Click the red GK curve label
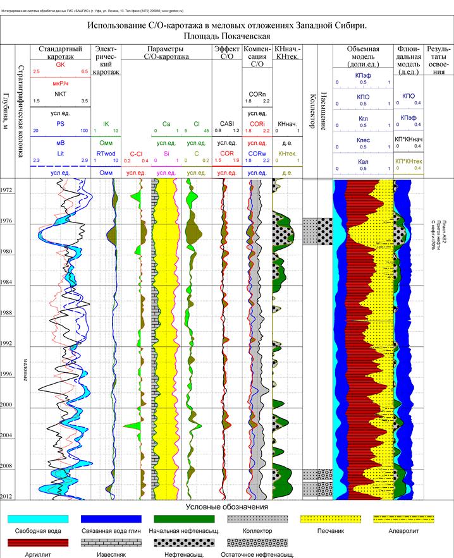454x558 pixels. coord(61,65)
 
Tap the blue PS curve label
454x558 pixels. coord(61,124)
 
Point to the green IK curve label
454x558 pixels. coord(106,124)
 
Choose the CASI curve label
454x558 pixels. coord(227,124)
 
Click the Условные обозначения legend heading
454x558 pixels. coord(227,507)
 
